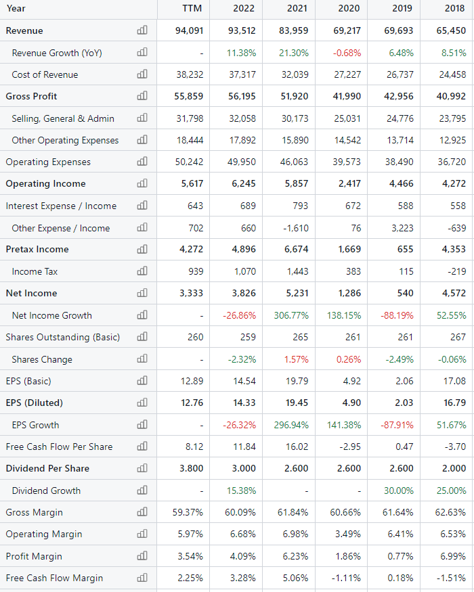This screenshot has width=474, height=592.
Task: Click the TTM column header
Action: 193,9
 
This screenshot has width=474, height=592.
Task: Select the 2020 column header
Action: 349,9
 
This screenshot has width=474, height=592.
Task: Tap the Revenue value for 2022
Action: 242,30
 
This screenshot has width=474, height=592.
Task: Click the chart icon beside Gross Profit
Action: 142,96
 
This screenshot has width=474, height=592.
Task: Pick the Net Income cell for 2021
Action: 295,293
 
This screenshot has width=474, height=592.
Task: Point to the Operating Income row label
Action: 46,183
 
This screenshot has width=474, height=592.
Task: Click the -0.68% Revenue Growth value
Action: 347,53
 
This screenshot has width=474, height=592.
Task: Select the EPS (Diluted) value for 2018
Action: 453,403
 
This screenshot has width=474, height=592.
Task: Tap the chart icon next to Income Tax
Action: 142,271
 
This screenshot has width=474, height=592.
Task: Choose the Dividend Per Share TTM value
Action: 192,468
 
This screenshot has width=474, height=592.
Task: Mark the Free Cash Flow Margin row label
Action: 54,578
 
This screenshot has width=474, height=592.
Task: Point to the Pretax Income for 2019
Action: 404,249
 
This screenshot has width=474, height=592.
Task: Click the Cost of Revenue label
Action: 45,74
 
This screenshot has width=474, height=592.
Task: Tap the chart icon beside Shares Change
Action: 142,359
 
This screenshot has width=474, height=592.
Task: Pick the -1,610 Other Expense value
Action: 295,228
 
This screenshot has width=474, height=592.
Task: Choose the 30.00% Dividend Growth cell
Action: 399,491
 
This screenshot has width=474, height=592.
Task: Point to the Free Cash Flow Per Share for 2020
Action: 350,447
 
